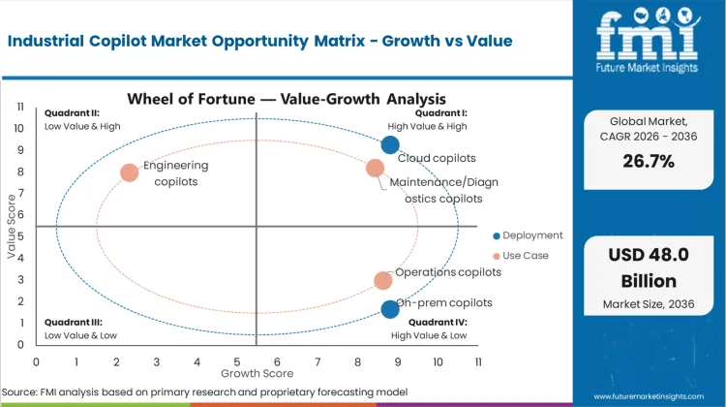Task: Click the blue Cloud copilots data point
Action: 389,145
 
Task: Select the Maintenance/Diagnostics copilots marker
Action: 376,169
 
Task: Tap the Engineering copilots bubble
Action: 129,173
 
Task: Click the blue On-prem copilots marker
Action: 390,309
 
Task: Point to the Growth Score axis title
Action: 257,372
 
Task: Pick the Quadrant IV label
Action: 441,322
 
